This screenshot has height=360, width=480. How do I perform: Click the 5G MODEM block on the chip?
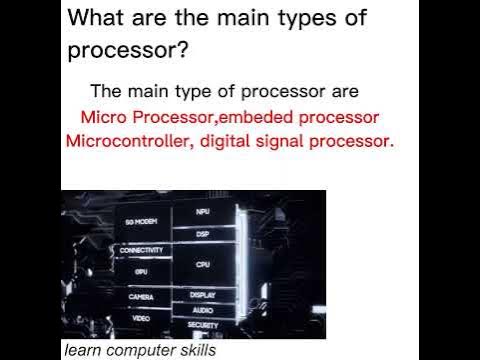(x=141, y=221)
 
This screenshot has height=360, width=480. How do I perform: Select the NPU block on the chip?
(x=203, y=213)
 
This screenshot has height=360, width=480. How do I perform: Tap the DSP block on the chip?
(x=203, y=233)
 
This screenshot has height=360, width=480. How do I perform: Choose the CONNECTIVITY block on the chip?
(x=141, y=250)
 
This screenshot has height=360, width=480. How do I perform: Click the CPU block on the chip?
(x=203, y=264)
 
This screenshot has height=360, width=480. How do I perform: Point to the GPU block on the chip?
(x=141, y=270)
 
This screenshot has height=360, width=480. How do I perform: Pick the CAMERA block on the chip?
(x=141, y=297)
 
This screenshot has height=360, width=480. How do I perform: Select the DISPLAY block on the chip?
(x=203, y=295)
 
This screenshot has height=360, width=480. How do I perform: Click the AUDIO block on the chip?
(x=203, y=310)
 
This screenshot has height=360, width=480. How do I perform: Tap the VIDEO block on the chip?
(x=141, y=316)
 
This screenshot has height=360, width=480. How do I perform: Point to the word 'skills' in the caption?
(x=194, y=351)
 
